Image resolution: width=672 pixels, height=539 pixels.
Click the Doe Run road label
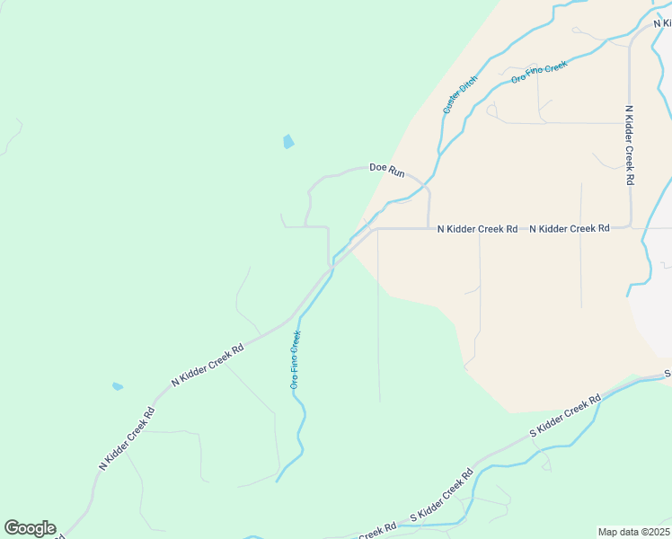[x=387, y=168]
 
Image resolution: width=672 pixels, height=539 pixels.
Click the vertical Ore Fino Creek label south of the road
[x=295, y=359]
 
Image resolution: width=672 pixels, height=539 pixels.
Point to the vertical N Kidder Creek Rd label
[x=630, y=145]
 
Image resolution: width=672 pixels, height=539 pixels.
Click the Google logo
[x=30, y=528]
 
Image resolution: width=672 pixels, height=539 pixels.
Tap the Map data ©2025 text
[x=633, y=532]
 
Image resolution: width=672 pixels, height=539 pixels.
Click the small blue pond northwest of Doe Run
[x=288, y=141]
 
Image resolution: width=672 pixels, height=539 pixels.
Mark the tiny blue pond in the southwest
[x=118, y=386]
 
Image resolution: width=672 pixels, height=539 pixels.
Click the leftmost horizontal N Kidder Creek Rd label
[x=477, y=229]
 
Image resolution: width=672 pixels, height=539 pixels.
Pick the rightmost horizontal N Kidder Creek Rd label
[x=570, y=229]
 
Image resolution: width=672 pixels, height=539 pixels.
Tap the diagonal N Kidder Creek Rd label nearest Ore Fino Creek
[x=208, y=366]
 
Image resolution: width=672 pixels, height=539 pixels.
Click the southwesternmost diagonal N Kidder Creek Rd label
[x=127, y=439]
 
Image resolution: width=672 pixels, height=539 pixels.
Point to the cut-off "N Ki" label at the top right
[x=663, y=22]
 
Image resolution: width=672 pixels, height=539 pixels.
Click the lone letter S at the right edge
[x=668, y=374]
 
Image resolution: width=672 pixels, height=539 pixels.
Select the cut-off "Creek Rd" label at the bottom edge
[x=376, y=533]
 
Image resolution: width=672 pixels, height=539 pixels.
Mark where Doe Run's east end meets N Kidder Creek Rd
[x=429, y=228]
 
